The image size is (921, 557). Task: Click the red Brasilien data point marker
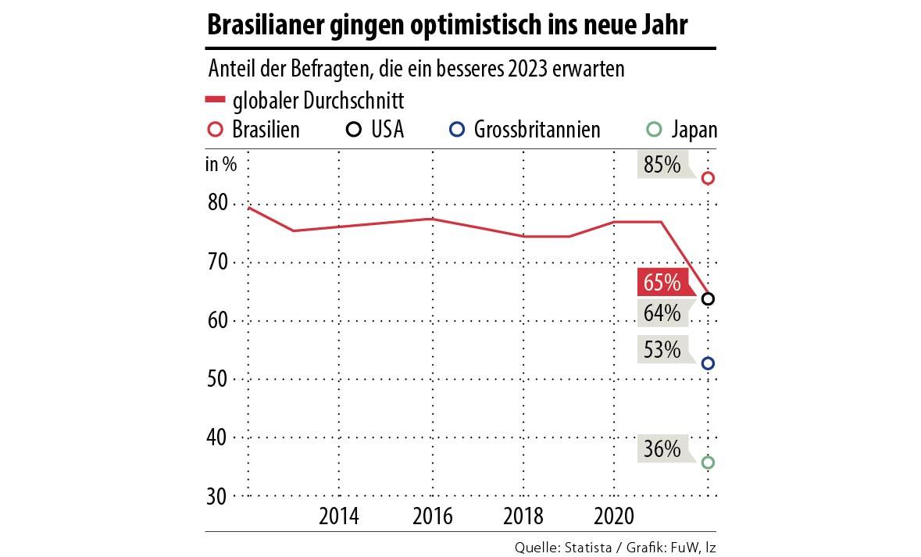click(708, 178)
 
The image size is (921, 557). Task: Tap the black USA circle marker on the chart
click(708, 298)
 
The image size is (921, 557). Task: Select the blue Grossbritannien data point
click(708, 363)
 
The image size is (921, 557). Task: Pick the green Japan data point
click(708, 462)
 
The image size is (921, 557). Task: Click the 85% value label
click(662, 166)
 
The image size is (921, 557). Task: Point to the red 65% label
click(662, 281)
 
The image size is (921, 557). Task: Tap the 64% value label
click(662, 313)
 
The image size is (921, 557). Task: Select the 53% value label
click(662, 349)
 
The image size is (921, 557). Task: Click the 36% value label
click(662, 449)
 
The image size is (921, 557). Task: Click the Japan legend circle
click(655, 129)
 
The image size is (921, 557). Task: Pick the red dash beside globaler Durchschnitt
click(215, 100)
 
